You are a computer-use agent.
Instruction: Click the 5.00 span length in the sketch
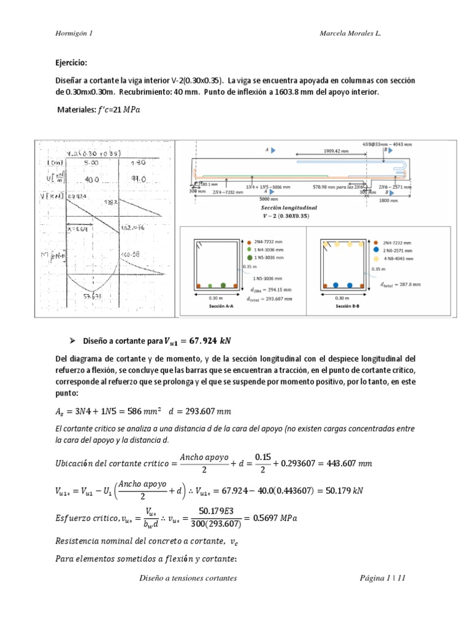click(94, 163)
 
